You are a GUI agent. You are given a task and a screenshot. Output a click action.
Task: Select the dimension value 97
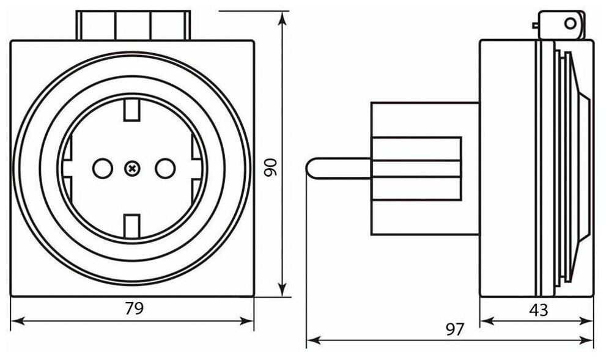coord(453,329)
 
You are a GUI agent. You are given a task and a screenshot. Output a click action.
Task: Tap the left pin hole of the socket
coord(102,167)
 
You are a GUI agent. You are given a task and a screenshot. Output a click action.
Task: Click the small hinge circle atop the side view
coord(570,24)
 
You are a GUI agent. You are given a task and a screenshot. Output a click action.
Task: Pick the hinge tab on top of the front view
coord(133,25)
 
